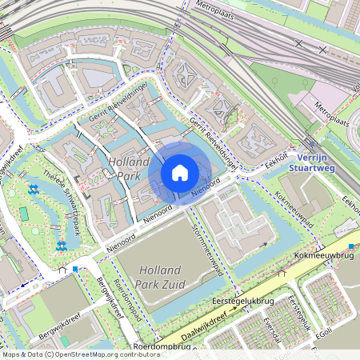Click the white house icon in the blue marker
point(180,173)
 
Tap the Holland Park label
point(128,167)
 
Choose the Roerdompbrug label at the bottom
point(162,347)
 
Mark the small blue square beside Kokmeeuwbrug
point(351,247)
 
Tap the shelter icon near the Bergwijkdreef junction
point(62,270)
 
